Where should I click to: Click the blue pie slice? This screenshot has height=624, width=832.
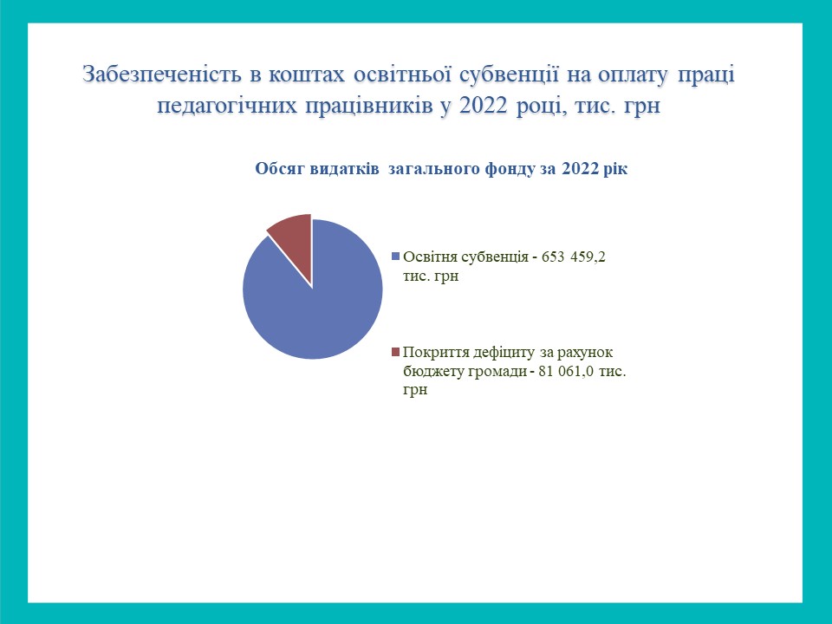(x=318, y=308)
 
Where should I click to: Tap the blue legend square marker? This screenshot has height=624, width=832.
(x=395, y=257)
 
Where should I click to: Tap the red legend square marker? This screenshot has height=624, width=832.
(x=395, y=352)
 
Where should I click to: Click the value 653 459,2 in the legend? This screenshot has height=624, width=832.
(x=574, y=257)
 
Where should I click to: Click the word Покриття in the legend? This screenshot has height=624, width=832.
(x=432, y=353)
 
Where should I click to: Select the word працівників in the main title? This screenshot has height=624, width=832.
(x=369, y=106)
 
